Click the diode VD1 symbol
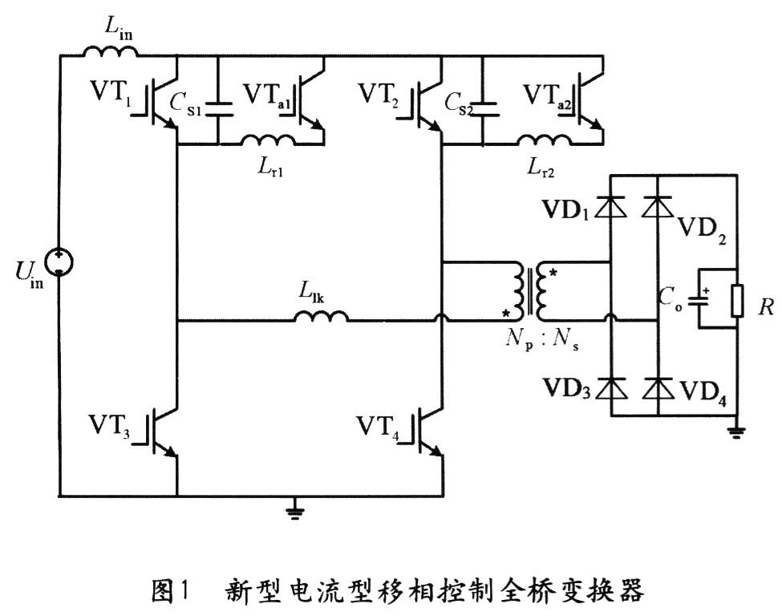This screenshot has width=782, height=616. point(613,208)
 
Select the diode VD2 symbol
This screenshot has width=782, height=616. point(658,208)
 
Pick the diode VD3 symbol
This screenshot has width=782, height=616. point(613,387)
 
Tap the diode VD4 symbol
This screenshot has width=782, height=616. point(658,387)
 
